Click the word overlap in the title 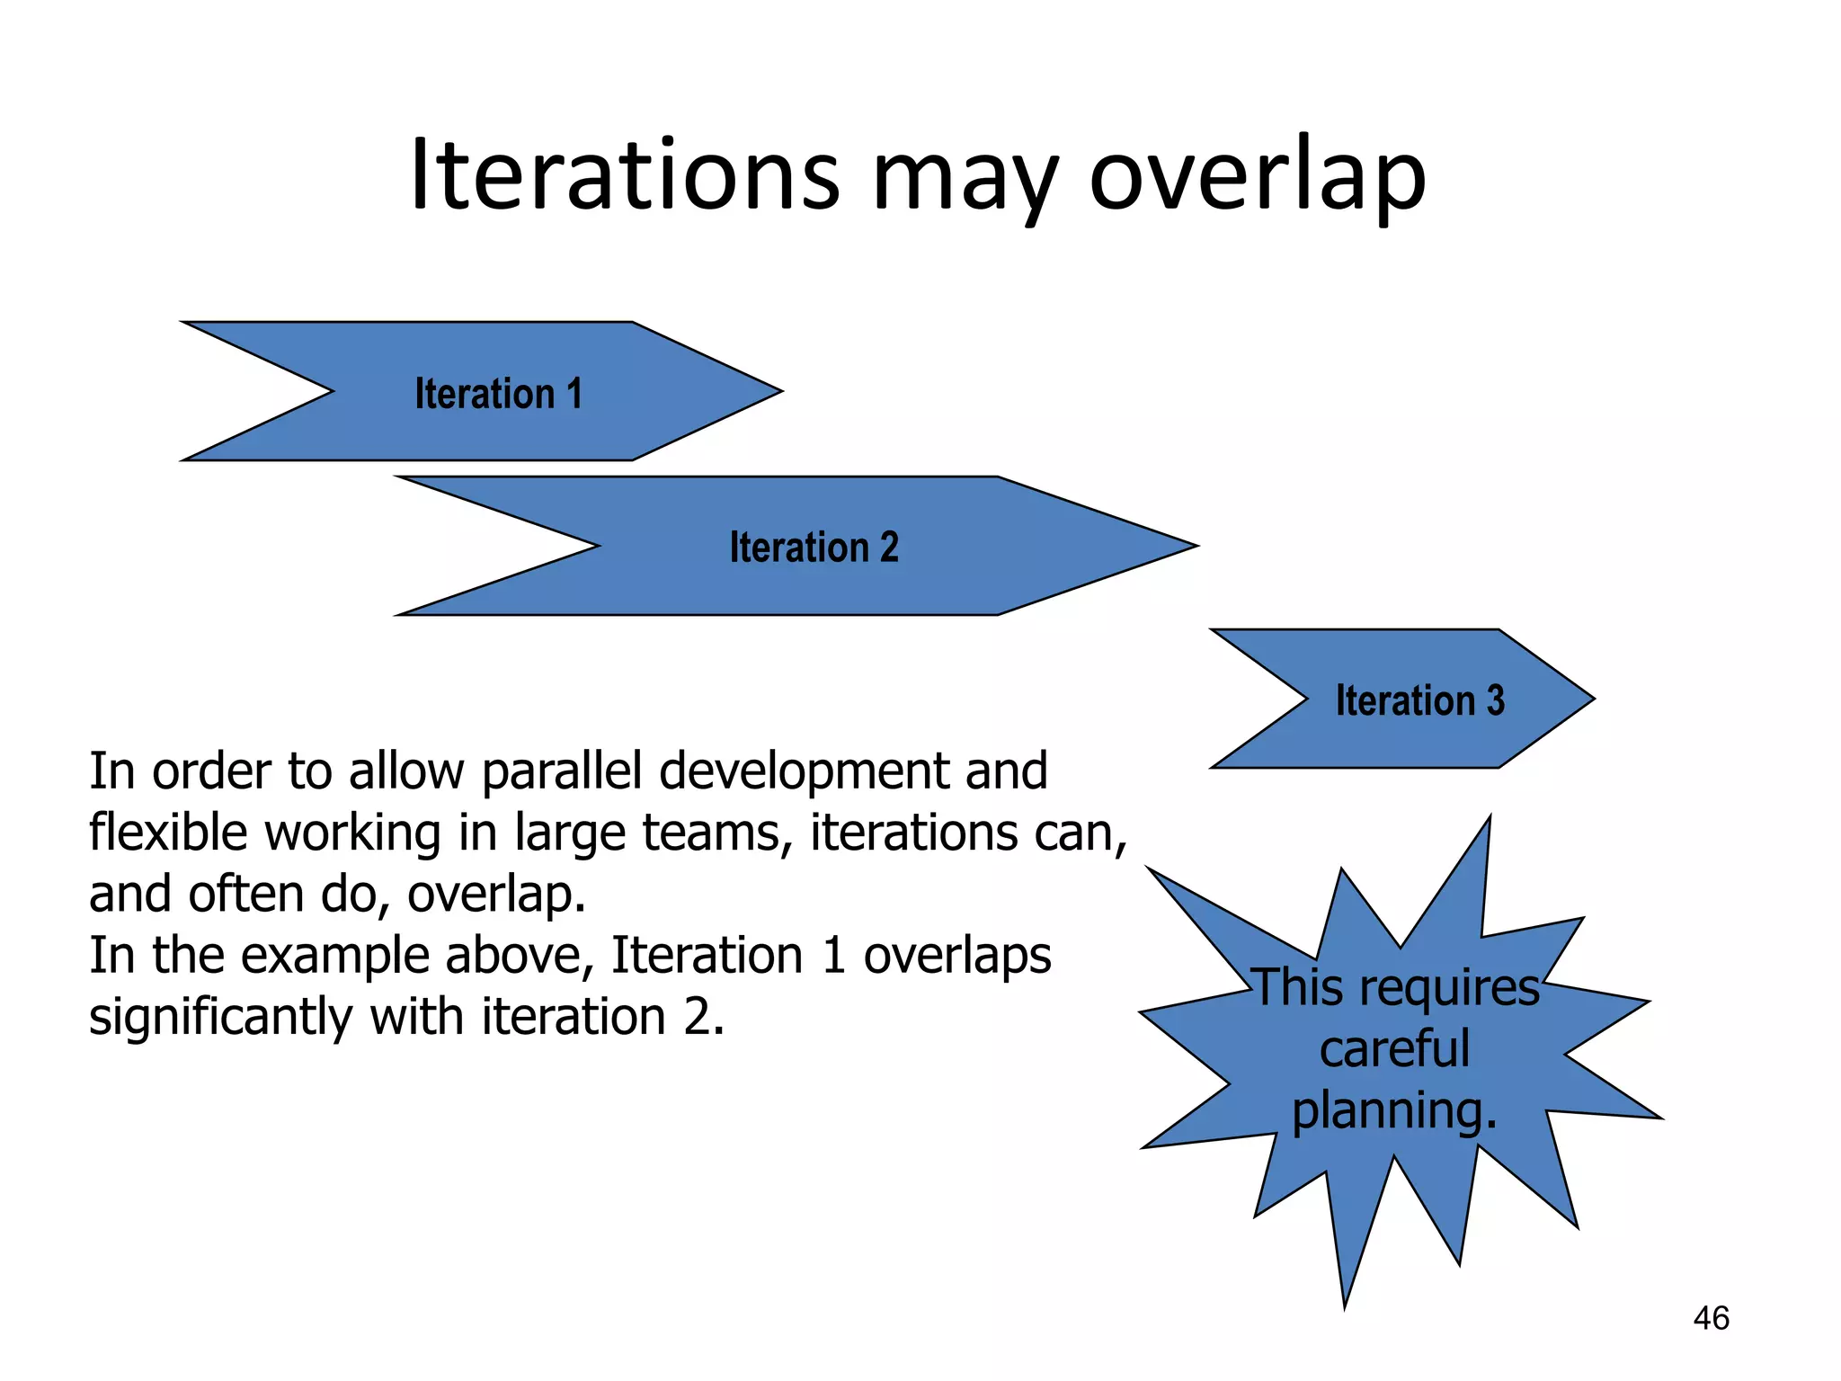[1257, 175]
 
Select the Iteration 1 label [498, 394]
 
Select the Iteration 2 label [814, 547]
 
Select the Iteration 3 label [1419, 700]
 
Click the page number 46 [1711, 1318]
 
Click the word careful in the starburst [1394, 1049]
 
